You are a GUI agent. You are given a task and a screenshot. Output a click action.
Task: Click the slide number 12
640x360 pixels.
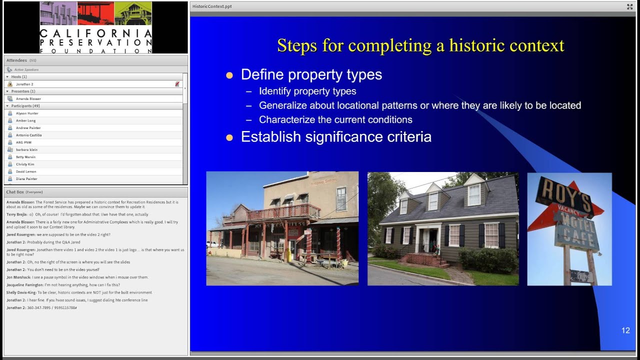(625, 330)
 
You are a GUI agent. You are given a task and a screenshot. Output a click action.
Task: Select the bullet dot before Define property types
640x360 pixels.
(229, 75)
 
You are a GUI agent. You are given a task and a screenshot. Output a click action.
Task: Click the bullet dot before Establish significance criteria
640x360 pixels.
(229, 137)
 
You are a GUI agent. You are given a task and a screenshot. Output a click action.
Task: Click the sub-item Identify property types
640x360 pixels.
(307, 91)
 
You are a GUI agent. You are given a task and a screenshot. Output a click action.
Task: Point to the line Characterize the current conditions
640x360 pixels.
(335, 120)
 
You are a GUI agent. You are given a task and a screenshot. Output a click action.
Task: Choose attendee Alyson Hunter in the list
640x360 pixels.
(27, 113)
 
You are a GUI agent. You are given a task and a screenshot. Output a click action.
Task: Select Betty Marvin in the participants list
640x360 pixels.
(25, 157)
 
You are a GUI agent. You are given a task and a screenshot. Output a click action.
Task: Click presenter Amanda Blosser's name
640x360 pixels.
(28, 99)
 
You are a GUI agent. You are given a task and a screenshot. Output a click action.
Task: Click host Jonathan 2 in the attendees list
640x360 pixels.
(24, 84)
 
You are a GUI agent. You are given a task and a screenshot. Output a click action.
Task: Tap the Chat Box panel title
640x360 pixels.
(15, 192)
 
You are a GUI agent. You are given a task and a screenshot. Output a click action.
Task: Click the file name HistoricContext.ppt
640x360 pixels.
(212, 6)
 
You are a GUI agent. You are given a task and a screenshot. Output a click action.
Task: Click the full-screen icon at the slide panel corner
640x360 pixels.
(629, 6)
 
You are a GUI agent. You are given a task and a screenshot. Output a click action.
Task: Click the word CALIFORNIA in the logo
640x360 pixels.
(95, 34)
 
